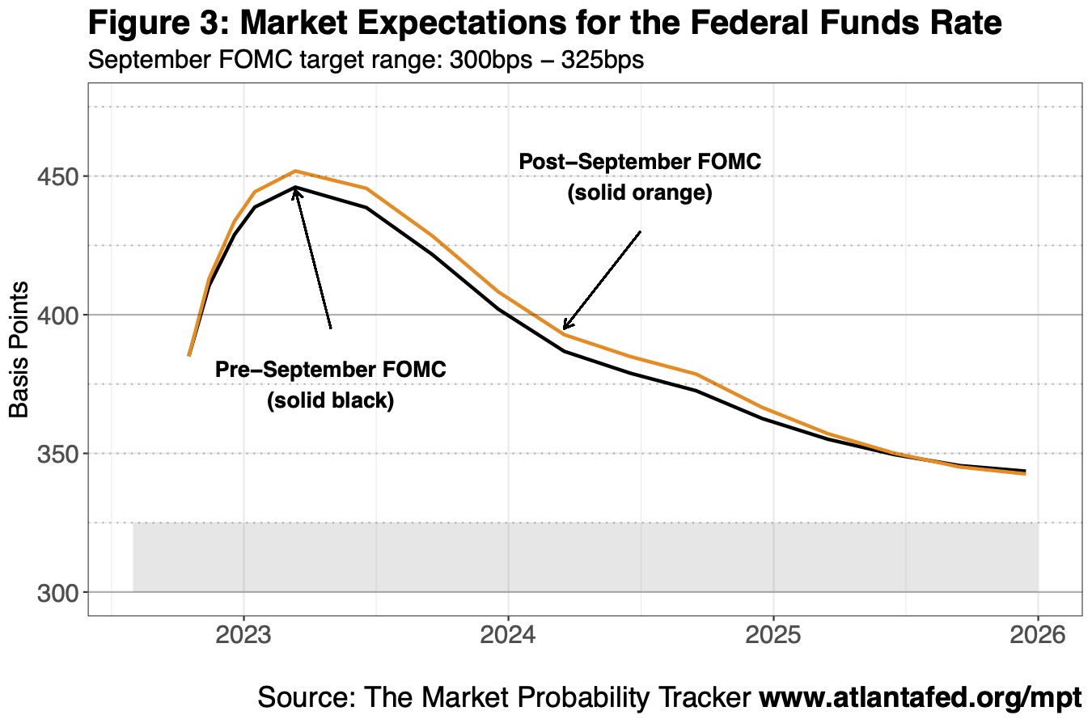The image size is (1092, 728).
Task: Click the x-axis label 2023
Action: (243, 633)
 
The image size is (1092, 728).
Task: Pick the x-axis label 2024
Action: (508, 633)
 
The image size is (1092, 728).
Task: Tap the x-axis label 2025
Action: (773, 633)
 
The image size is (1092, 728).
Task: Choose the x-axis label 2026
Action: (1038, 633)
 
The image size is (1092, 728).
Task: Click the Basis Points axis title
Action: (19, 349)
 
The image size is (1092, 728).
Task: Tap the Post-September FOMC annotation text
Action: (640, 162)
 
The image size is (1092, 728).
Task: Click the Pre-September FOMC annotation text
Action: (330, 370)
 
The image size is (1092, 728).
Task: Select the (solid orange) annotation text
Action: (640, 194)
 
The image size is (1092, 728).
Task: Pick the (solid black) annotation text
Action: (330, 400)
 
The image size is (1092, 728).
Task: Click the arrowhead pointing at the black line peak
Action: (296, 190)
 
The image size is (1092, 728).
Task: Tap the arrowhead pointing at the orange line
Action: (565, 327)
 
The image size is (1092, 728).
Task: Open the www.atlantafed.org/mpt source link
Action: (920, 697)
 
